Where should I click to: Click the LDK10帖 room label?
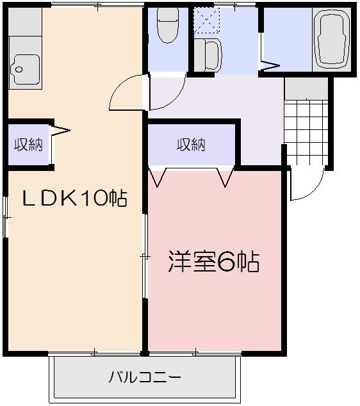click(75, 199)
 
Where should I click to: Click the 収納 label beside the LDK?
click(28, 144)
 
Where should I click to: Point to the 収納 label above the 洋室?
click(191, 144)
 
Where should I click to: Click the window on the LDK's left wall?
click(5, 217)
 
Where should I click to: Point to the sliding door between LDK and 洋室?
click(145, 256)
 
